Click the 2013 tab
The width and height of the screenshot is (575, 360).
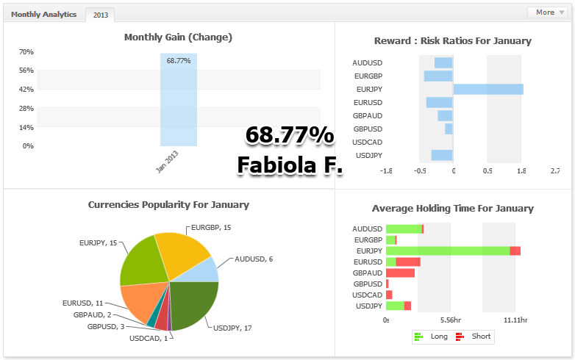point(100,15)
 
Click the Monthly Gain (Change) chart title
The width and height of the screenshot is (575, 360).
point(178,37)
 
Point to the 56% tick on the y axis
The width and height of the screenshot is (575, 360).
point(26,71)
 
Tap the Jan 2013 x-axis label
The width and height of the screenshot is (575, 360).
point(167,161)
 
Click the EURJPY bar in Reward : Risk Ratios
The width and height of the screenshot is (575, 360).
point(488,89)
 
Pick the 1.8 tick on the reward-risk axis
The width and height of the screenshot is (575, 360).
point(521,170)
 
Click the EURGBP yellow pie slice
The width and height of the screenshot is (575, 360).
point(182,253)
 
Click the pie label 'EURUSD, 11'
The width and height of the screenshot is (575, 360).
point(83,303)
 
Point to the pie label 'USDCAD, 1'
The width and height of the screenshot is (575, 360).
point(149,339)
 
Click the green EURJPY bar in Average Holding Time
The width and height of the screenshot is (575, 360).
point(448,251)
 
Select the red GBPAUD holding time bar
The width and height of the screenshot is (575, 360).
point(400,273)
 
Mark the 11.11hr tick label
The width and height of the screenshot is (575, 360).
point(515,320)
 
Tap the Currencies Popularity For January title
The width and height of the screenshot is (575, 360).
point(168,205)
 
